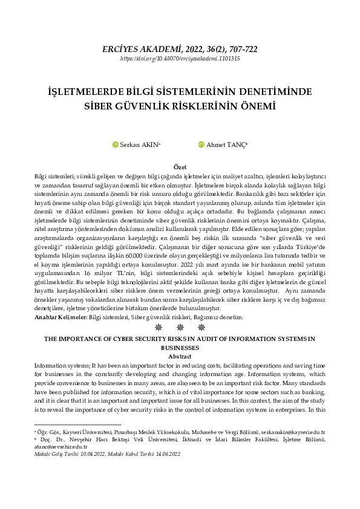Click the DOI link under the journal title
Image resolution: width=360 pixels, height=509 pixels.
tap(180, 59)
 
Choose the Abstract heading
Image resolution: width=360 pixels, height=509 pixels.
tap(180, 357)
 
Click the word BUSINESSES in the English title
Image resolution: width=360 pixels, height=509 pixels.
tap(180, 349)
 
